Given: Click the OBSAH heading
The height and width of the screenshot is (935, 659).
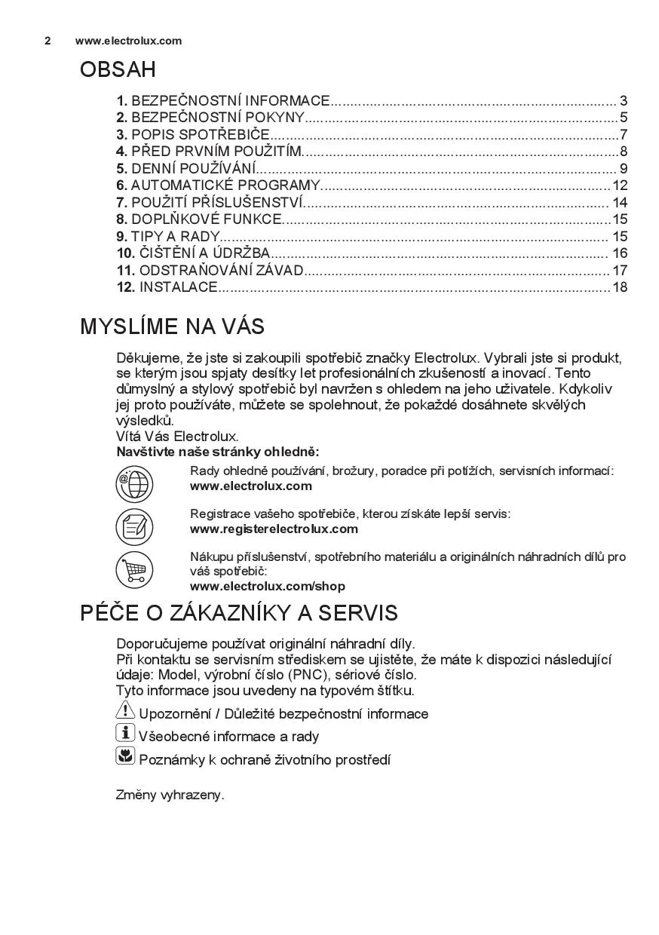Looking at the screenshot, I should [118, 70].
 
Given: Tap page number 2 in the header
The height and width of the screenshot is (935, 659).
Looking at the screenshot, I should [48, 41].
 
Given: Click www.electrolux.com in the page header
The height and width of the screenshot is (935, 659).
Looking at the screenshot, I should [128, 41].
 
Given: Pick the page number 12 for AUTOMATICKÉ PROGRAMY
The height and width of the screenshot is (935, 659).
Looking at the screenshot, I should [620, 185].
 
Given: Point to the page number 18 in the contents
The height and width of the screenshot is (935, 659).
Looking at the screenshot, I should [620, 287].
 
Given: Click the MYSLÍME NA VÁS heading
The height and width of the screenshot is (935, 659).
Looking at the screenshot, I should [172, 326].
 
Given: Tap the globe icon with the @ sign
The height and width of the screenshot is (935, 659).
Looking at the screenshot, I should [134, 483].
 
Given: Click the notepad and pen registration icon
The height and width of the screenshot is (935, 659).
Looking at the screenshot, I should [134, 526].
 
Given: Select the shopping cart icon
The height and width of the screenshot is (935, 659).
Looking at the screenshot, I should [134, 570].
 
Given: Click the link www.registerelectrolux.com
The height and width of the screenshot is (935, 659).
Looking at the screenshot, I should [274, 529].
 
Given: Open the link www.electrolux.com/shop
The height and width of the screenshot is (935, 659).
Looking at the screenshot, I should [268, 586].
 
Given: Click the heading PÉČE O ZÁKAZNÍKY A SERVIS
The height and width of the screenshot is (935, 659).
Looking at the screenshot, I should [238, 612].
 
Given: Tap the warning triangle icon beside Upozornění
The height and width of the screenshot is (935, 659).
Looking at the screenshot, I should [125, 710].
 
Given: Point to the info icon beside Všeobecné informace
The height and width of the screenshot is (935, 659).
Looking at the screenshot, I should [125, 733].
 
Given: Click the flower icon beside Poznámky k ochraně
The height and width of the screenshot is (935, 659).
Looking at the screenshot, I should [125, 756].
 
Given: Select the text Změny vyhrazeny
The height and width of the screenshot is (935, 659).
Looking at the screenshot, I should [170, 795].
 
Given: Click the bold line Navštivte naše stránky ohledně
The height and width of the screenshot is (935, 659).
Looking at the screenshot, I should [218, 452].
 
